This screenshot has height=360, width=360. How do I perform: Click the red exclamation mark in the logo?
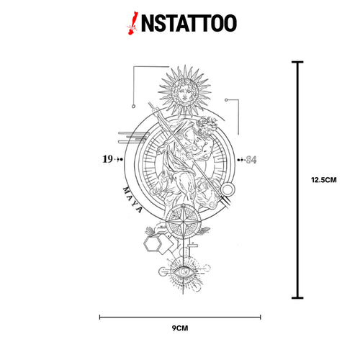tap(132, 23)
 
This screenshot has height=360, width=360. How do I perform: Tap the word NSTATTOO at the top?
tap(189, 23)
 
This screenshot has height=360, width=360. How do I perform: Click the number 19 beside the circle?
tap(107, 159)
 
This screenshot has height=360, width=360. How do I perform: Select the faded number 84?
tap(251, 160)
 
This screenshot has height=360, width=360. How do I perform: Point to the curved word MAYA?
tap(132, 199)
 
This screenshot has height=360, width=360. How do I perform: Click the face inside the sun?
tap(184, 92)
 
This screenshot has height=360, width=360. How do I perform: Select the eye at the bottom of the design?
tap(184, 271)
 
